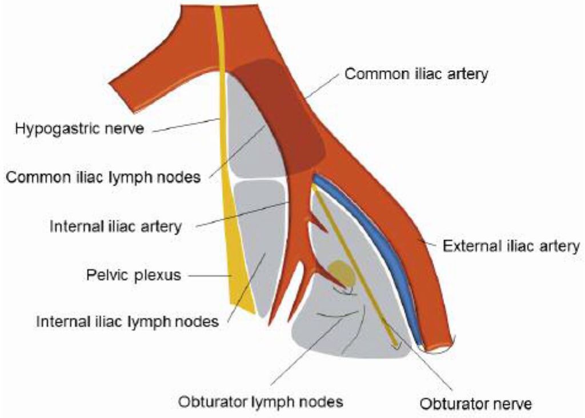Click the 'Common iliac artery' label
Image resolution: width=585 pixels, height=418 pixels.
(417, 74)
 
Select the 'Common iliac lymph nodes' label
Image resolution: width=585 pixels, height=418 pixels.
(103, 177)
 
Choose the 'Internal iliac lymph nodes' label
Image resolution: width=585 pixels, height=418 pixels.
(127, 321)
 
